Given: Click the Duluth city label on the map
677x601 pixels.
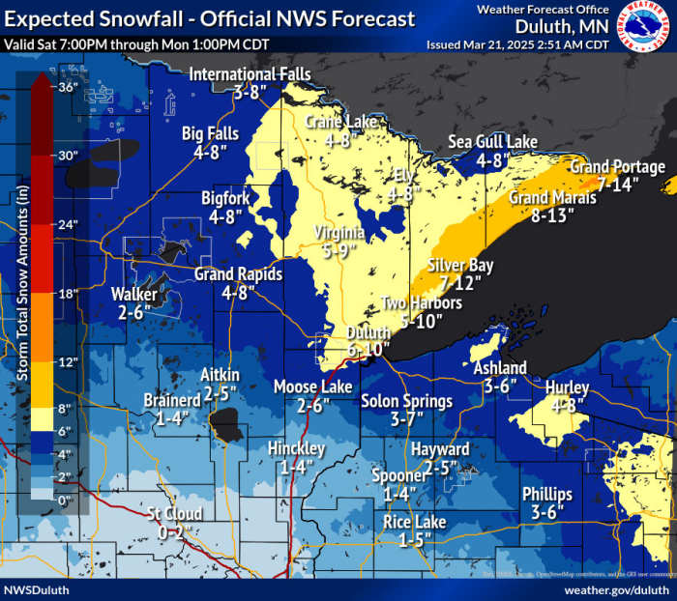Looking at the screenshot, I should pyautogui.click(x=368, y=333).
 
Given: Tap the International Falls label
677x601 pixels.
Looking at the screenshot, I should pyautogui.click(x=250, y=74).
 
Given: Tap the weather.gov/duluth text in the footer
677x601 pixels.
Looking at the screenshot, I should pyautogui.click(x=616, y=588).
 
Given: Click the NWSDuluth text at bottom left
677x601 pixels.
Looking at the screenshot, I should pyautogui.click(x=35, y=588).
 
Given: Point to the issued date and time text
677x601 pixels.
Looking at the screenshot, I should pyautogui.click(x=517, y=44).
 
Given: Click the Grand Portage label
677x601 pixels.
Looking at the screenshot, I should pyautogui.click(x=617, y=167).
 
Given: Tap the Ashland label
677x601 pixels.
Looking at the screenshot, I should pyautogui.click(x=499, y=367).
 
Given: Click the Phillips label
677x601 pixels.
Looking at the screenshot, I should pyautogui.click(x=546, y=494).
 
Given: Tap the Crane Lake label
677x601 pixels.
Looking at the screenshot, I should pyautogui.click(x=341, y=122).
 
